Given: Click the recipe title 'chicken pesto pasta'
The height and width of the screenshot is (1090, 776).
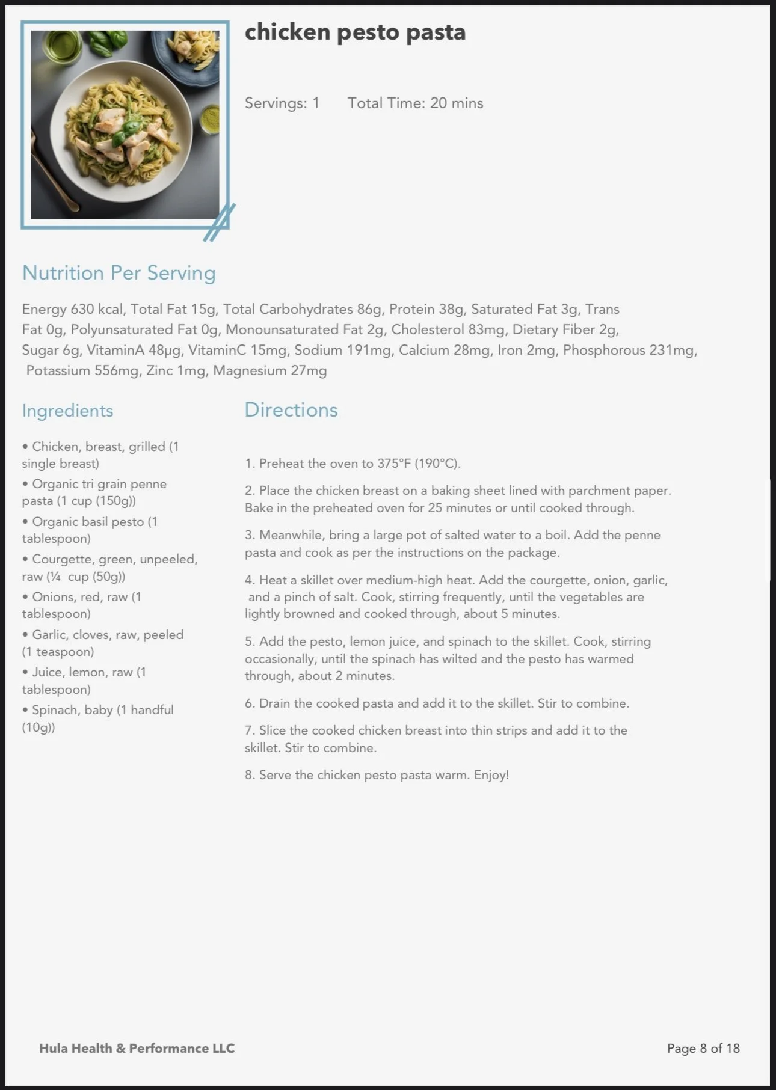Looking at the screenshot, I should pos(355,32).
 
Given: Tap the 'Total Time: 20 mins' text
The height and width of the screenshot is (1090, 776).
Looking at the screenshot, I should pos(415,103).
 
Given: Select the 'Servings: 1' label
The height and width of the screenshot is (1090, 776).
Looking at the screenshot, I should pos(282,103).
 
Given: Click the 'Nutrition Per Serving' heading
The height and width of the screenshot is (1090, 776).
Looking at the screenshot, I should pos(119,273).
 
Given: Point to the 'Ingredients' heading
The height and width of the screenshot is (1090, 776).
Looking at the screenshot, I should pos(67,411).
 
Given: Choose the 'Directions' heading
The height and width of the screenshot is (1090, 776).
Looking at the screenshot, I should pos(291,410).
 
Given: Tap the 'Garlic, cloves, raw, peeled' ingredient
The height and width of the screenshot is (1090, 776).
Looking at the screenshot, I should pos(108,635).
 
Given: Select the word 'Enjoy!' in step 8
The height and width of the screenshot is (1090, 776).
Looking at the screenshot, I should pos(491,775).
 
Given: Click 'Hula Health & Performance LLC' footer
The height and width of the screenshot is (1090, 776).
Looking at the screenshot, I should pos(137,1049).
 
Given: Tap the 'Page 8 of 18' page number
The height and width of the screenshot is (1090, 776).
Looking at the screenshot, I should pos(703,1049).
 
